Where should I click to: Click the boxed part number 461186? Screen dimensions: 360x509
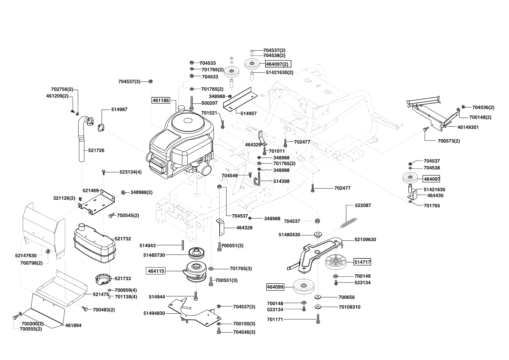(160, 100)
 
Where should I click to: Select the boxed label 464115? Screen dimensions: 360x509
(156, 271)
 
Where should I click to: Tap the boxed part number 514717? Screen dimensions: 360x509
(362, 262)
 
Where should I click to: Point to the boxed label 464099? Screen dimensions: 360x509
(275, 287)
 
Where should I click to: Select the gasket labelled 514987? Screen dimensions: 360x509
(102, 128)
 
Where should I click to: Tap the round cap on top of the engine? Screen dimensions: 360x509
(182, 109)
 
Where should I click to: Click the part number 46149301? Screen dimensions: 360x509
(468, 127)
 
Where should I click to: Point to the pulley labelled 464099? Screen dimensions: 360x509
(303, 287)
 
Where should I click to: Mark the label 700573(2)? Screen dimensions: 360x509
(449, 141)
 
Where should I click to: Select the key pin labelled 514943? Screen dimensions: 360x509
(183, 244)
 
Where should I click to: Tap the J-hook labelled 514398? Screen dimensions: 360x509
(258, 181)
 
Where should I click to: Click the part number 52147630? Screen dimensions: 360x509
(26, 256)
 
